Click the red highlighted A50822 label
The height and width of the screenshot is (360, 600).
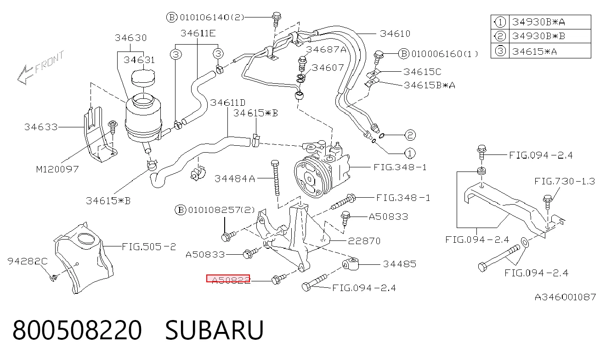(228, 279)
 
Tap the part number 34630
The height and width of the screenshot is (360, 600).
(131, 38)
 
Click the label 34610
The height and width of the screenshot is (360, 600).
(395, 34)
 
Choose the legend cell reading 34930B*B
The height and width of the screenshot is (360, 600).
(538, 36)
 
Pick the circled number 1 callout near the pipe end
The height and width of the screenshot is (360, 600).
(409, 153)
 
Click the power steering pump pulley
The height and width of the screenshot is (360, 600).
(310, 178)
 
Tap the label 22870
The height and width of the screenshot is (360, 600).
(364, 241)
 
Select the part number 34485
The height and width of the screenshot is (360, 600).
(399, 264)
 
